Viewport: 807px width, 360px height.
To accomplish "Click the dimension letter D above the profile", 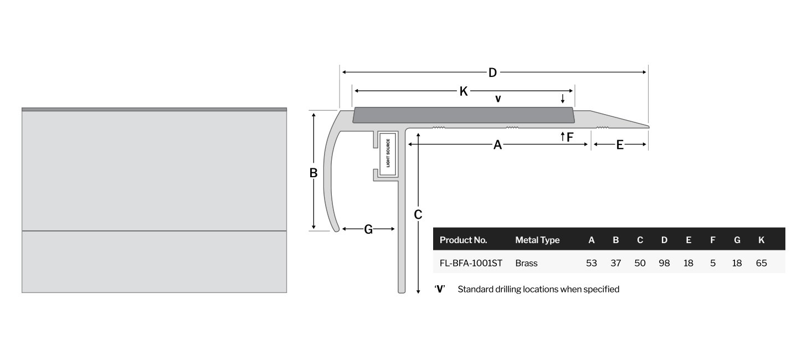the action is (492, 73).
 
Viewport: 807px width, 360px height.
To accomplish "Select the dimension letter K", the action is (464, 91).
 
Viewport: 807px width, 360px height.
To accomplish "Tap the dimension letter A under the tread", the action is (497, 145).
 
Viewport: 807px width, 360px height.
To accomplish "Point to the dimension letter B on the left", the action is (313, 173).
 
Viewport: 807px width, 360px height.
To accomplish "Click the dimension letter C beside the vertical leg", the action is (418, 214).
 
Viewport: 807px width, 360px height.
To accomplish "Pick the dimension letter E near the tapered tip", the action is (620, 145).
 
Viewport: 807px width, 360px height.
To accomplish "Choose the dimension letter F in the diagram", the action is (570, 137).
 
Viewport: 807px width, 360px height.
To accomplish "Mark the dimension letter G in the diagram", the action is (368, 229).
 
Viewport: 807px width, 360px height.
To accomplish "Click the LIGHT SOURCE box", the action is (388, 153).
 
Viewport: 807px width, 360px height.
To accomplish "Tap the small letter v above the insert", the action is (498, 99).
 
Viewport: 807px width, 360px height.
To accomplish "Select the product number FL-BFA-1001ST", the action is (471, 263).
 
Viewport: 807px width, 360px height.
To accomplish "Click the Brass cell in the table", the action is (526, 263).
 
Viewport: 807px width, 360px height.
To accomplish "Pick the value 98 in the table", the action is (664, 263).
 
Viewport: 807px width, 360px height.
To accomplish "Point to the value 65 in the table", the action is (761, 263).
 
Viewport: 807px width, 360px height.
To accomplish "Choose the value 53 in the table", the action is (592, 263).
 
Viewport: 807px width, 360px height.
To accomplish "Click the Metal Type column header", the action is (537, 240).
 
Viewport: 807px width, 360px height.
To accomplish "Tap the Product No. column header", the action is (463, 240).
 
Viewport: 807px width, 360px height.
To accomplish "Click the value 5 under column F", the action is (713, 263).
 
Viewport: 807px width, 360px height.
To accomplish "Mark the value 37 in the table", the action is (616, 263).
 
